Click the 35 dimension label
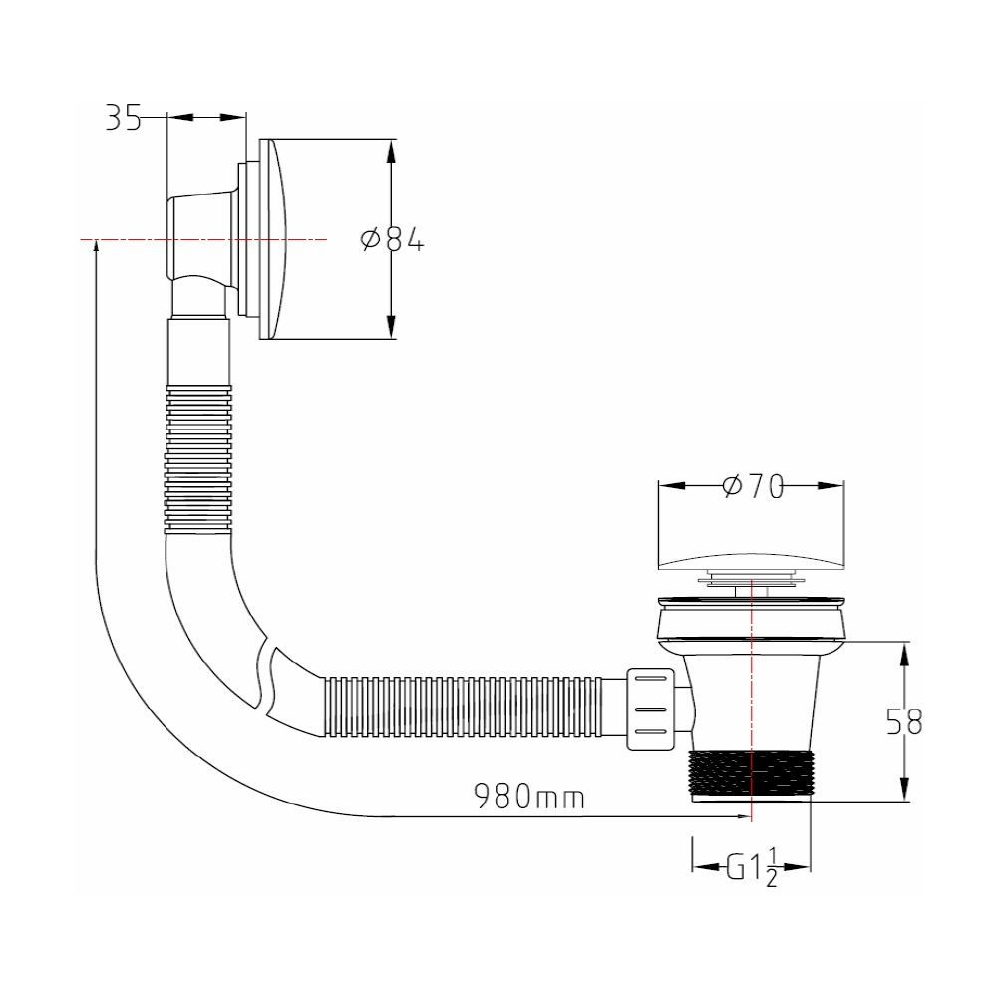(x=123, y=118)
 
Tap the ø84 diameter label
(x=392, y=239)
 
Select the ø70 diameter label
(x=753, y=487)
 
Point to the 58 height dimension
(x=904, y=722)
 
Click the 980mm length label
(x=529, y=796)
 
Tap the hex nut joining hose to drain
(x=650, y=709)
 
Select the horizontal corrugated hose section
(x=464, y=707)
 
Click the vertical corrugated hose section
(x=197, y=459)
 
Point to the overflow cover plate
(x=272, y=239)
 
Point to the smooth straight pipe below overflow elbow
(x=197, y=352)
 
